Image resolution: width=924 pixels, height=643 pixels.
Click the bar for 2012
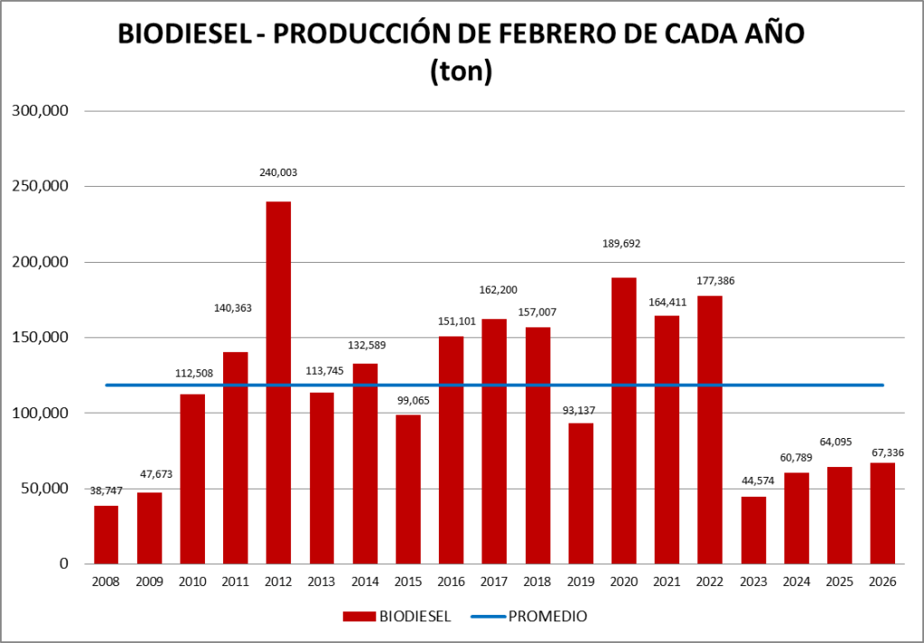[x=278, y=383]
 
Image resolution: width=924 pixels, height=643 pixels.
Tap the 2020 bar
[x=623, y=421]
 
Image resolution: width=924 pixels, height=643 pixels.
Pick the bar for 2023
[x=753, y=530]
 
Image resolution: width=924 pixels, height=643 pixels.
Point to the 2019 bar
[x=581, y=493]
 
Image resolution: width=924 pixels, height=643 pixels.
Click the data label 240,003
[x=278, y=172]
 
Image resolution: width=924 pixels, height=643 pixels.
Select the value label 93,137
[x=581, y=411]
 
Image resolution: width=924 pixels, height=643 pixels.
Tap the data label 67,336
[x=882, y=451]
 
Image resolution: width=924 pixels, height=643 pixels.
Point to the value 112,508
[x=192, y=372]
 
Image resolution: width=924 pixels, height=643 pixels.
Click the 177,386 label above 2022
[x=710, y=281]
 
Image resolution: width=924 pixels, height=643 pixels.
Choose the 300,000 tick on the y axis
[x=39, y=111]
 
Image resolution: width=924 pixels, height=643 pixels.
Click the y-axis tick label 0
[x=63, y=564]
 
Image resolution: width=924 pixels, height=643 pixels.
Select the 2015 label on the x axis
[x=407, y=583]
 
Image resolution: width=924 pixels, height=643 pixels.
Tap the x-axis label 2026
[x=882, y=583]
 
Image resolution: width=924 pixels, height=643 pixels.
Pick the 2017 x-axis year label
[x=494, y=583]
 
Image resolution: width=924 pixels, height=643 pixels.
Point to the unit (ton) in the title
[x=461, y=70]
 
